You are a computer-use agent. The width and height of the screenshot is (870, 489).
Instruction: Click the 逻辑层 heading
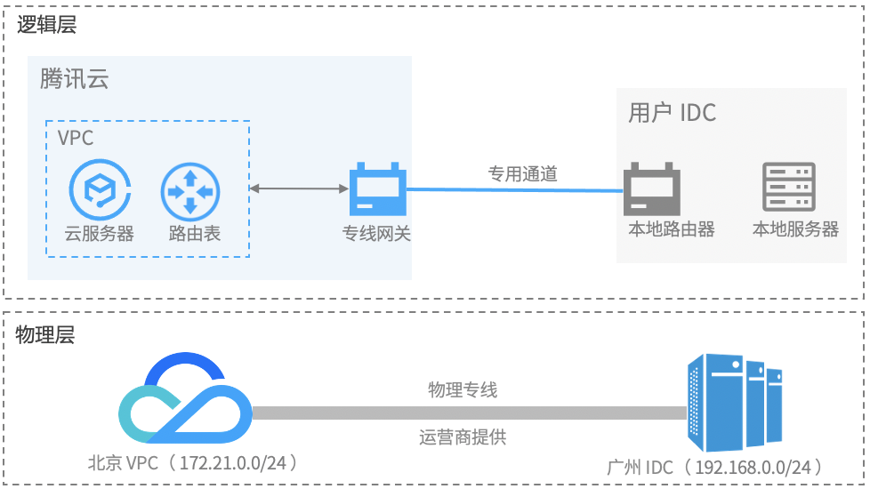coord(47,24)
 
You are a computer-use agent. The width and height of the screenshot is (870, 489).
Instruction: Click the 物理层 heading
coord(45,335)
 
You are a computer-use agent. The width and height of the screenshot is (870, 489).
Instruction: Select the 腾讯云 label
coord(74,79)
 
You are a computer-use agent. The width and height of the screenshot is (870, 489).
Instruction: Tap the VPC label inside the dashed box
coord(76,138)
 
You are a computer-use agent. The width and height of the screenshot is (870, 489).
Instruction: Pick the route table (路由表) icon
coord(189,189)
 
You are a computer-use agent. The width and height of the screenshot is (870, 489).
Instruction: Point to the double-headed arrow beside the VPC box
coord(298,188)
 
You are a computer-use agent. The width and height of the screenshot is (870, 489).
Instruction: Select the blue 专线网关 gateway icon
coord(377,188)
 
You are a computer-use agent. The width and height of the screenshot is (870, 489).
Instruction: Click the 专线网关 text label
coord(377,234)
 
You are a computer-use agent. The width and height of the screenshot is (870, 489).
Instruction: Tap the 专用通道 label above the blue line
coord(522,174)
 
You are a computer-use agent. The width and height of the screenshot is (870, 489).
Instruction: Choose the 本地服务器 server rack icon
coord(789,187)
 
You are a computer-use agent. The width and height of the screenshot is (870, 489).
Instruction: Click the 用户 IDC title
coord(672,113)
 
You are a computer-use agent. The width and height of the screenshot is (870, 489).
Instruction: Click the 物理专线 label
coord(463,389)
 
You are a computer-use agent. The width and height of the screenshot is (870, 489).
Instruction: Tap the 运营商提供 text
coord(463,437)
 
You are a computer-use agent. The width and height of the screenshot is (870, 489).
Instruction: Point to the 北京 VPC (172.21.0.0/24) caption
coord(191,463)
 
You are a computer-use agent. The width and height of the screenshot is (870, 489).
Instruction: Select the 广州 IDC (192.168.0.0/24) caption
coord(714,468)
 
